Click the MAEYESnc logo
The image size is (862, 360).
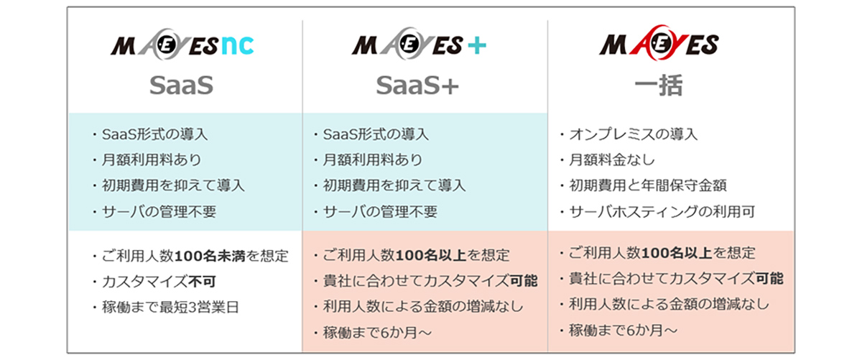click(x=182, y=47)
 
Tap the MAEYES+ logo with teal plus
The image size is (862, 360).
click(x=420, y=47)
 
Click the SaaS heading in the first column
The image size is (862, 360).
click(x=182, y=86)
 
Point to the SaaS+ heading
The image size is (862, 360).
click(x=417, y=86)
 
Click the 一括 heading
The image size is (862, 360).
click(x=659, y=86)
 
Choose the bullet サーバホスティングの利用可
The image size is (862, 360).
click(x=657, y=211)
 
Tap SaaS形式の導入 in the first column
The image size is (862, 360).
click(x=155, y=134)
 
